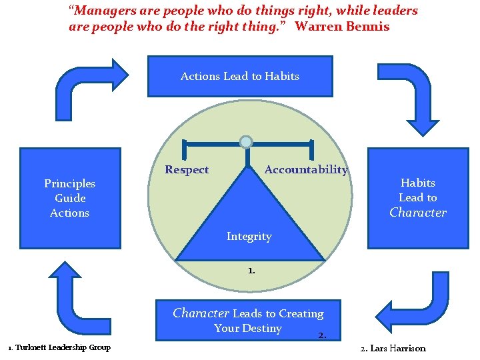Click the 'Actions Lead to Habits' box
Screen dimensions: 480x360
click(239, 76)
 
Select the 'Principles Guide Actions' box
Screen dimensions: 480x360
click(70, 198)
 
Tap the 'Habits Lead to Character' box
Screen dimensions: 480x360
click(418, 197)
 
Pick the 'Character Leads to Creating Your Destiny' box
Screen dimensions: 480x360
click(248, 321)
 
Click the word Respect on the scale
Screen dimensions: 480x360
click(187, 170)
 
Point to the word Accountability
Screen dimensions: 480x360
click(306, 169)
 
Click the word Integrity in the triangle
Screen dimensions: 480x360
click(249, 236)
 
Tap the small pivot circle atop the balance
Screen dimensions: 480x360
click(246, 141)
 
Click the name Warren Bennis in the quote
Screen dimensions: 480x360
click(342, 27)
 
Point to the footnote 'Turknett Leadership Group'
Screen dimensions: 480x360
click(63, 347)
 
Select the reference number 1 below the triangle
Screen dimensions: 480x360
click(250, 271)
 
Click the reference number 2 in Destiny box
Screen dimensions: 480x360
click(321, 335)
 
